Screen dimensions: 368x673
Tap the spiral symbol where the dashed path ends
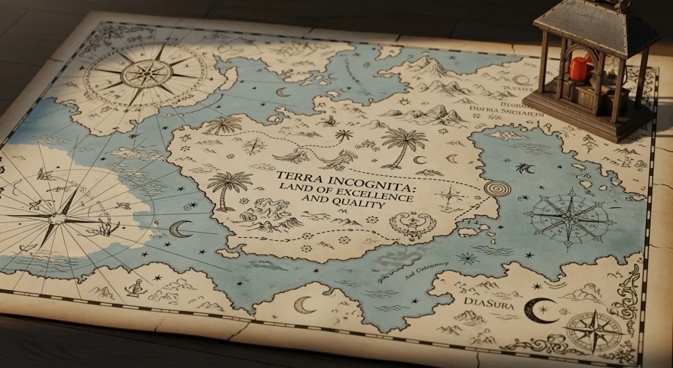click(x=497, y=188)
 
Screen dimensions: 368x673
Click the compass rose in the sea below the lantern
click(x=569, y=216)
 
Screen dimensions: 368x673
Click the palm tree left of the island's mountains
click(x=227, y=185)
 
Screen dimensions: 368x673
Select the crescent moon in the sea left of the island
click(x=180, y=229)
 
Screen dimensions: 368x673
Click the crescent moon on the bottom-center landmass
click(x=304, y=305)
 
